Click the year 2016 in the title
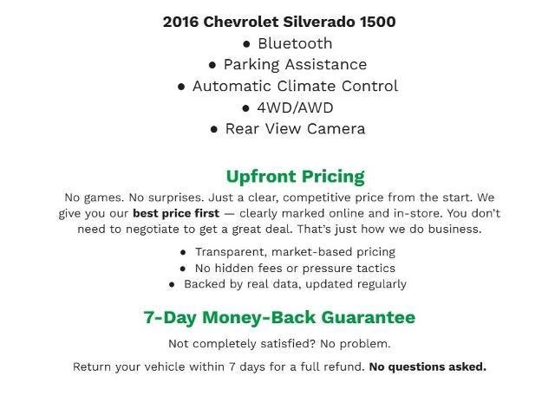coord(180,22)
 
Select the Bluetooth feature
coord(295,43)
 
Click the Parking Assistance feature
coord(295,64)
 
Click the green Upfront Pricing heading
coord(295,177)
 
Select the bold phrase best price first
coord(176,213)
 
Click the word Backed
coord(205,284)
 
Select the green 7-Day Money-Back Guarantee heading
coord(279,317)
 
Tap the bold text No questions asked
coord(428,366)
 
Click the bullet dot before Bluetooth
coord(246,43)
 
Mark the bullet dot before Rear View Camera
coord(213,129)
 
